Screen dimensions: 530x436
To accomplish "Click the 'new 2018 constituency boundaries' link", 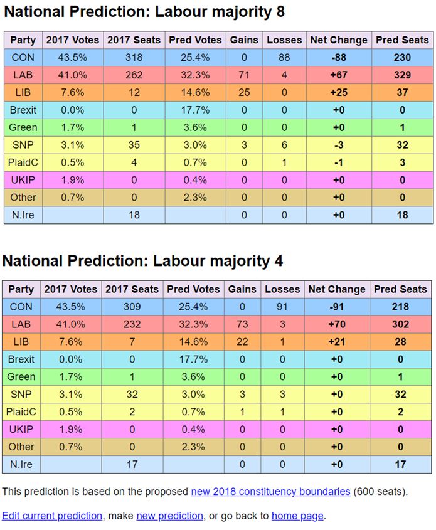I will tap(270, 491).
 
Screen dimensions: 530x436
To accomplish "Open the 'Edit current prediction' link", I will tap(52, 516).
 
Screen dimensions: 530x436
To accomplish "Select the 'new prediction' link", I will tap(169, 516).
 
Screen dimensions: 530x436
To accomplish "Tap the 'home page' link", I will tap(297, 516).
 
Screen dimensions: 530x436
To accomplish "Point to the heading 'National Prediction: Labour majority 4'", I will tap(143, 260).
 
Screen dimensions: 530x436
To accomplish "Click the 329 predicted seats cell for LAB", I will tap(402, 75).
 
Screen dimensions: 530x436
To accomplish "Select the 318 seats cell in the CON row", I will tap(132, 57).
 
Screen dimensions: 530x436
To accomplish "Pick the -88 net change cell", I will tap(339, 57).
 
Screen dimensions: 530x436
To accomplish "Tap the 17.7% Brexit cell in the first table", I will tap(194, 110).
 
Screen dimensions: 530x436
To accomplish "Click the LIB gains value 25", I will tap(244, 92).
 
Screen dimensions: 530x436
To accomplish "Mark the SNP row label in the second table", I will tap(21, 395).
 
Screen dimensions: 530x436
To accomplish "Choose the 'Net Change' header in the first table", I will tap(339, 40).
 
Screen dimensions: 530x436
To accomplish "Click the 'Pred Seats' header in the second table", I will tap(400, 289).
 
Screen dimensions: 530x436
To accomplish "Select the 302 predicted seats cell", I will tap(400, 324).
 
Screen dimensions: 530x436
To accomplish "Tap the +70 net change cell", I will tap(337, 324).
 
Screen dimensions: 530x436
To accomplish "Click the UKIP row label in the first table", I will tap(23, 180).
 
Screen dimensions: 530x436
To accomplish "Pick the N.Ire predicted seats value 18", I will tap(402, 215).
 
